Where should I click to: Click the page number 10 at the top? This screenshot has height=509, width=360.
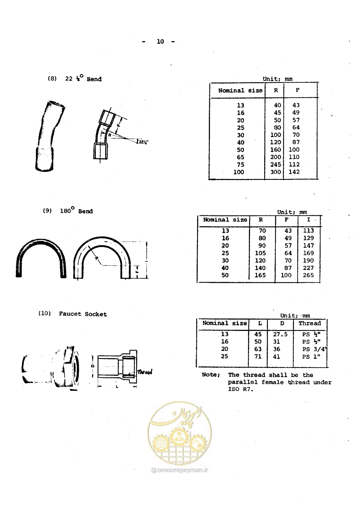pyautogui.click(x=160, y=41)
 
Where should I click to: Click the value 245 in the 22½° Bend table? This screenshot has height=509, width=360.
pyautogui.click(x=275, y=164)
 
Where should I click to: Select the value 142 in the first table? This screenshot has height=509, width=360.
pyautogui.click(x=294, y=172)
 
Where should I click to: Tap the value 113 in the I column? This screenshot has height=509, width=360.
pyautogui.click(x=308, y=231)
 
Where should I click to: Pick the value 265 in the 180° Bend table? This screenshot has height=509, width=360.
pyautogui.click(x=308, y=275)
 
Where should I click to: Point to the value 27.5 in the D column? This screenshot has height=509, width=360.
pyautogui.click(x=280, y=334)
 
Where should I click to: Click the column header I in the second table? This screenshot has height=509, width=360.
pyautogui.click(x=308, y=220)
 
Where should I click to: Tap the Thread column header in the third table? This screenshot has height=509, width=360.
pyautogui.click(x=310, y=323)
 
